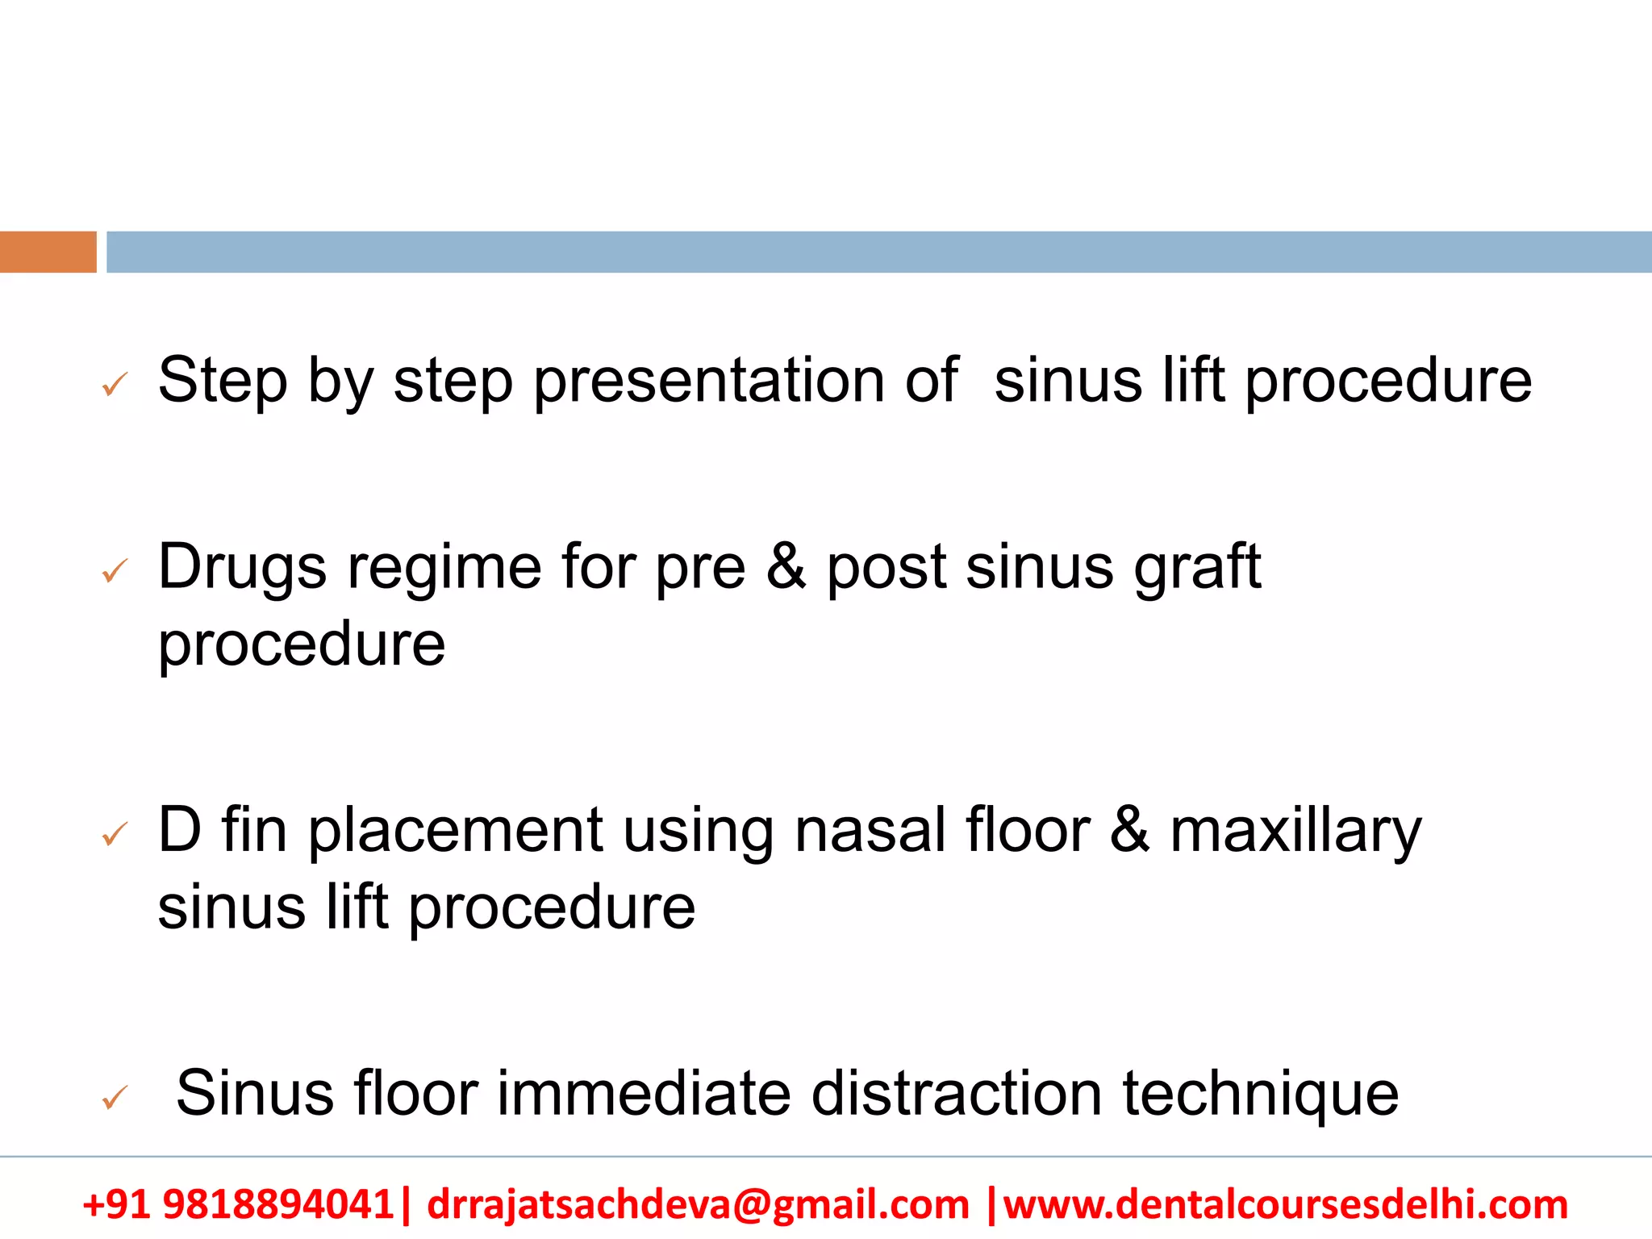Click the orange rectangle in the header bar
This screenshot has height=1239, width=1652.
[48, 252]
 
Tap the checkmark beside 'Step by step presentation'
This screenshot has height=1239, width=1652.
[115, 385]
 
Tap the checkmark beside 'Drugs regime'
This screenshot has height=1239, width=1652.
[115, 571]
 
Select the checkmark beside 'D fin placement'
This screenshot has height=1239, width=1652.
[115, 834]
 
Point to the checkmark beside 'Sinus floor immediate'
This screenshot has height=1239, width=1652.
[115, 1097]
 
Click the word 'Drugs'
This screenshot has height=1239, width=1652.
[242, 568]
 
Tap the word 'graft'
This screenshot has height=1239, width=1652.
[1197, 568]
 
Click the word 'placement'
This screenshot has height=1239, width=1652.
[456, 831]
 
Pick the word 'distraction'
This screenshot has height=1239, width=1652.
[957, 1094]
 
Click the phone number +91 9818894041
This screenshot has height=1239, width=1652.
[238, 1204]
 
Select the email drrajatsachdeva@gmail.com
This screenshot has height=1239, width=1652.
[698, 1204]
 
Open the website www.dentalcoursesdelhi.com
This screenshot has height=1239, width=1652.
[1286, 1204]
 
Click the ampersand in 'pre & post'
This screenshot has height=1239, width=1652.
[786, 566]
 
